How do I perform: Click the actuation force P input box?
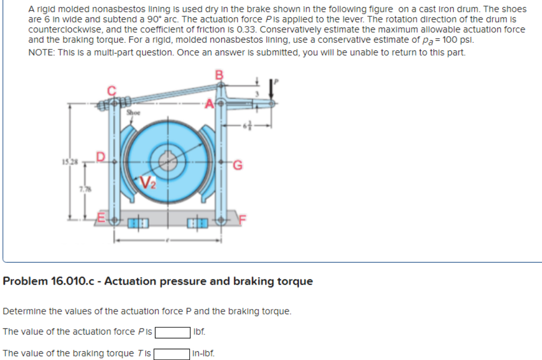pos(173,332)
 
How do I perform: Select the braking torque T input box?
pos(172,353)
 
